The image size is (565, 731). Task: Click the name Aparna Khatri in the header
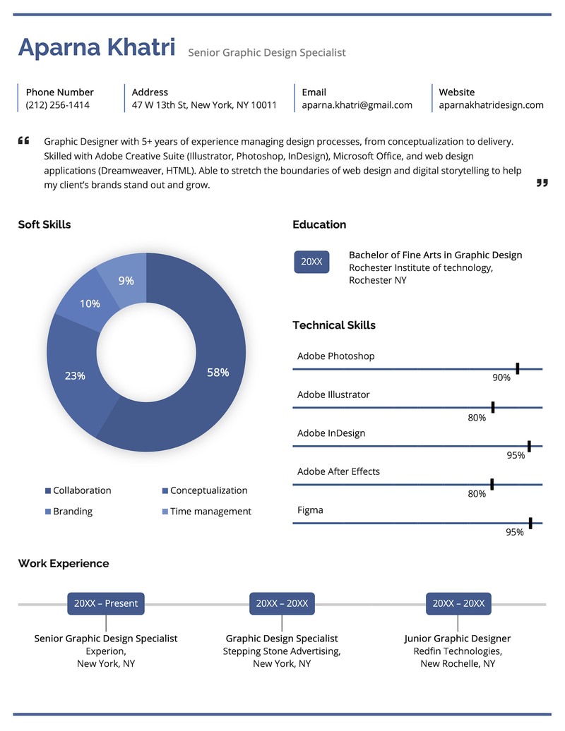[x=97, y=47]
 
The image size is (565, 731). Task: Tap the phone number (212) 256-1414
[x=57, y=105]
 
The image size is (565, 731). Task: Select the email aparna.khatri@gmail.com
[x=357, y=105]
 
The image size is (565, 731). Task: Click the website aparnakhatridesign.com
[x=491, y=105]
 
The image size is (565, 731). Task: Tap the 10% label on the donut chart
[x=90, y=304]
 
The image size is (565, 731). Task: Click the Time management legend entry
[x=210, y=512]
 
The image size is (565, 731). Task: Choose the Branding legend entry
[x=72, y=512]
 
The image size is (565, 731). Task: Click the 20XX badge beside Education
[x=311, y=262]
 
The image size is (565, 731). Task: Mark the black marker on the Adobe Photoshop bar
[x=518, y=368]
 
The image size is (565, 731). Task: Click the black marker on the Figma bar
[x=530, y=523]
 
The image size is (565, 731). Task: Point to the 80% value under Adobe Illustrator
[x=477, y=418]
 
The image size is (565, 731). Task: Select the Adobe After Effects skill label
[x=338, y=471]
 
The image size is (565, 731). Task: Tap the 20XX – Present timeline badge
[x=106, y=604]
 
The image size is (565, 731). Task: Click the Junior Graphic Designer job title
[x=458, y=639]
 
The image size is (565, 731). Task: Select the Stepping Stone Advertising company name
[x=282, y=651]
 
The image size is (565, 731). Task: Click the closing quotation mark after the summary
[x=542, y=183]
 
